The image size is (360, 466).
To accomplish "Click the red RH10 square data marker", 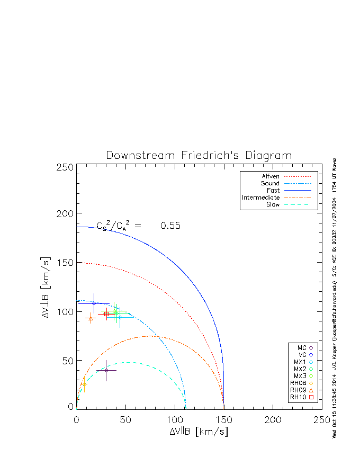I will pyautogui.click(x=106, y=314).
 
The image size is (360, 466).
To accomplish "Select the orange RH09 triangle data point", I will pyautogui.click(x=91, y=318).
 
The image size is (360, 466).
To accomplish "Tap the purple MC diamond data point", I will pyautogui.click(x=106, y=370).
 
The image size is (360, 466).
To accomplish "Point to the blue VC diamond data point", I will pyautogui.click(x=94, y=303).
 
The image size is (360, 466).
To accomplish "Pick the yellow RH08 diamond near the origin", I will pyautogui.click(x=84, y=384).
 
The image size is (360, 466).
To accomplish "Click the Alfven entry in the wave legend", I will pyautogui.click(x=271, y=176).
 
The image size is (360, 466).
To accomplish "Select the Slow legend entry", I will pyautogui.click(x=273, y=204).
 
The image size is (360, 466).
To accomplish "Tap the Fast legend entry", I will pyautogui.click(x=273, y=190).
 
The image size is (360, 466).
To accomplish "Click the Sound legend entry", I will pyautogui.click(x=270, y=183).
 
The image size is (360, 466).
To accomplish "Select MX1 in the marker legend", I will pyautogui.click(x=299, y=362).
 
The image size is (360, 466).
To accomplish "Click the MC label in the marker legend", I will pyautogui.click(x=302, y=347).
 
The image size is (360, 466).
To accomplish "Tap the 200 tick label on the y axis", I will pyautogui.click(x=65, y=213).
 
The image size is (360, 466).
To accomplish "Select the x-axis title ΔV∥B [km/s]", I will pyautogui.click(x=199, y=432).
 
